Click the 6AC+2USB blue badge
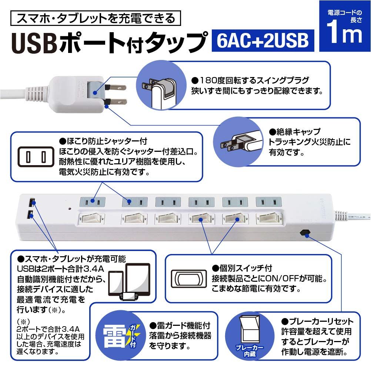pos(263,40)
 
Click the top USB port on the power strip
pos(31,202)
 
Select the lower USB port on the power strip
pos(31,214)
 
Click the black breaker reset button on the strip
pos(305,233)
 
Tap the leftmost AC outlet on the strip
pos(93,202)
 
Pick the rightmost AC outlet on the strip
pos(268,202)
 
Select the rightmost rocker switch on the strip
pos(270,218)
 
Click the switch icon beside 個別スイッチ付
pos(187,279)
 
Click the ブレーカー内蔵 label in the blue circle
pos(250,350)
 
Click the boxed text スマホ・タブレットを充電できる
pos(96,18)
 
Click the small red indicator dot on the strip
pos(70,209)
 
